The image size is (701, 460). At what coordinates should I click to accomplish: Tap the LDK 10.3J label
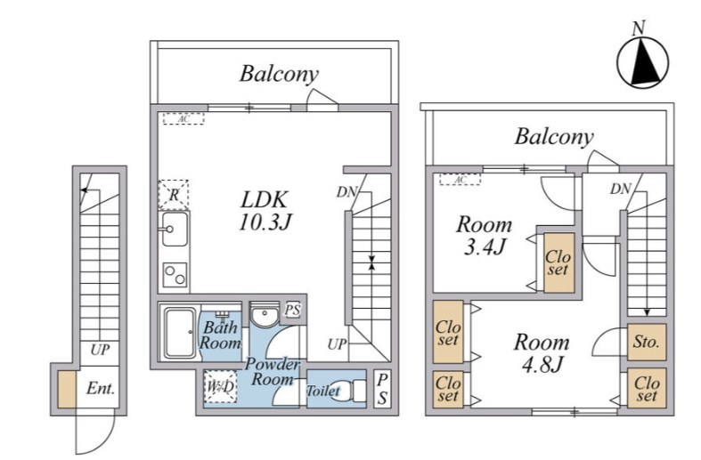coord(265,211)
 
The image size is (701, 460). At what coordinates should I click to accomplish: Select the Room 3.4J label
coord(485,236)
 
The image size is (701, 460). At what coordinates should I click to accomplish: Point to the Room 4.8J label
coord(542,353)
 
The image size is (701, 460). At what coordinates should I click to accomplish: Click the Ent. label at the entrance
coord(101,389)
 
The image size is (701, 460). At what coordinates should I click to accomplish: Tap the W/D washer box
coord(219,386)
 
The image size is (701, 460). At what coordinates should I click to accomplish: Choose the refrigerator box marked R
coord(174,195)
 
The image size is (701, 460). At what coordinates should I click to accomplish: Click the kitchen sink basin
coord(175,229)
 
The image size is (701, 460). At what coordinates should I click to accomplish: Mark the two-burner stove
coord(175,275)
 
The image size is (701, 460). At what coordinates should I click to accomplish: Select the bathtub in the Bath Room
coord(179,332)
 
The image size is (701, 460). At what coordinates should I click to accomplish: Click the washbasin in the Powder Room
coord(265,316)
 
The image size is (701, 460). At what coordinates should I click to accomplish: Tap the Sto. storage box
coord(647,342)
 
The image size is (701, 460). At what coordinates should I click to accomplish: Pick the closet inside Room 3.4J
coord(558,262)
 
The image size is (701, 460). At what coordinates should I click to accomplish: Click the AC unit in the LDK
coord(183,119)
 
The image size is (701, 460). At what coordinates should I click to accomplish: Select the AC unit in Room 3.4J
coord(460,180)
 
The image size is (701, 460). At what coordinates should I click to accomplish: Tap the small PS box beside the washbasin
coord(293,310)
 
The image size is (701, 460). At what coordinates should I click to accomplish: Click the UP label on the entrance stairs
coord(100,350)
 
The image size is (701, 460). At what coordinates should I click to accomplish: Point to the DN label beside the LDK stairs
coord(346,192)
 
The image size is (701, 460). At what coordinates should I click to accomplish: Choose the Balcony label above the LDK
coord(279,74)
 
